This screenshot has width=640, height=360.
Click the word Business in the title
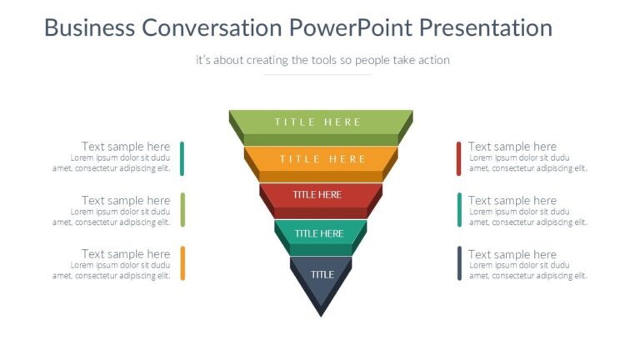(x=90, y=27)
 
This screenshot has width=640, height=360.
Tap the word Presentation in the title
(x=485, y=27)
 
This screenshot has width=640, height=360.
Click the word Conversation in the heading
(x=212, y=27)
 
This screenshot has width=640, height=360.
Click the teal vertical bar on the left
(x=182, y=158)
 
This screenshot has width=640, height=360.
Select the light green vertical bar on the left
(x=182, y=209)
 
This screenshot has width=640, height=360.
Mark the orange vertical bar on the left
(x=182, y=262)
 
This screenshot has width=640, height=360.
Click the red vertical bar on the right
(x=459, y=158)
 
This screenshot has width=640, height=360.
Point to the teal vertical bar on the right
(x=459, y=209)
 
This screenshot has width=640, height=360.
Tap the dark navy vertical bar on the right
(x=459, y=262)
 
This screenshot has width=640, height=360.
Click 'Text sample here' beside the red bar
(x=512, y=147)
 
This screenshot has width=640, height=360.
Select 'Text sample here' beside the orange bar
(x=126, y=254)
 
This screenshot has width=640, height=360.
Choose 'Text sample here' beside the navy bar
(x=512, y=254)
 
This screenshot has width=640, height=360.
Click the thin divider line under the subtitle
(x=317, y=75)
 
